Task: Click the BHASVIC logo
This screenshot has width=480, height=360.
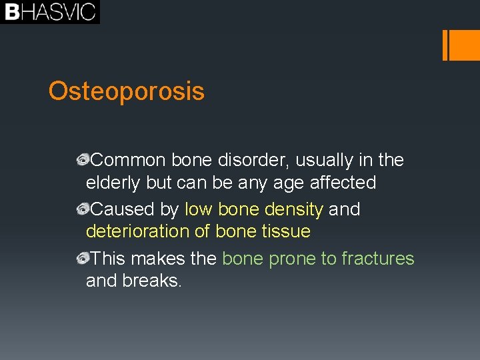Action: [x=50, y=12]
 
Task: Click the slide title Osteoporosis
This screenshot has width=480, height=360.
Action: [x=126, y=91]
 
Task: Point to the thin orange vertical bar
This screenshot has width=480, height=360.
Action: [x=445, y=45]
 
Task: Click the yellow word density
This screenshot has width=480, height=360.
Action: [x=293, y=209]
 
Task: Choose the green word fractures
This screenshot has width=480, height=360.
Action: [x=377, y=258]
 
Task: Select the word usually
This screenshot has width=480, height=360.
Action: [x=322, y=160]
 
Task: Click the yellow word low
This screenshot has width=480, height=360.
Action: [x=198, y=209]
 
